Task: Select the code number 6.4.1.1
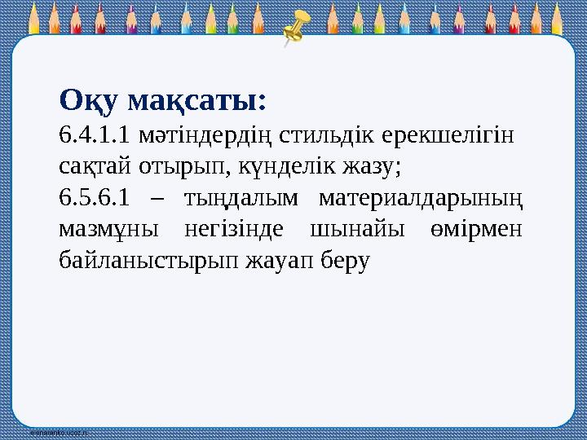pyautogui.click(x=95, y=134)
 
